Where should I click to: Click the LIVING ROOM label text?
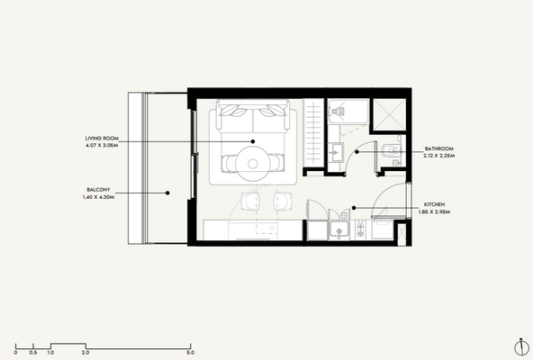pyautogui.click(x=102, y=137)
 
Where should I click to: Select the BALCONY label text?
pyautogui.click(x=98, y=189)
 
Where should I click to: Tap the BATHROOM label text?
pyautogui.click(x=438, y=148)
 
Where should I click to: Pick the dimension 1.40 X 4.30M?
pyautogui.click(x=98, y=196)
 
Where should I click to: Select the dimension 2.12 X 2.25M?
pyautogui.click(x=439, y=155)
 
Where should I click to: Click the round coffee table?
pyautogui.click(x=254, y=163)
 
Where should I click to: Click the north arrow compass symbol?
pyautogui.click(x=520, y=346)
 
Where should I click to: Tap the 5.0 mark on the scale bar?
pyautogui.click(x=191, y=352)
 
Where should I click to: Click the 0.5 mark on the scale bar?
pyautogui.click(x=33, y=352)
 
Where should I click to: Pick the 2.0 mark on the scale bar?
pyautogui.click(x=86, y=352)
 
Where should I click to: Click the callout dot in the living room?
pyautogui.click(x=254, y=141)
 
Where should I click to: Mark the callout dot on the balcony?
pyautogui.click(x=169, y=193)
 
